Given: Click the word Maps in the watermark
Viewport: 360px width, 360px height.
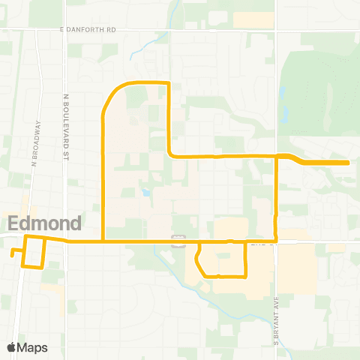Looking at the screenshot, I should pyautogui.click(x=33, y=347).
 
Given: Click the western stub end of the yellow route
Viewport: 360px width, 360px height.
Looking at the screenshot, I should pyautogui.click(x=12, y=253).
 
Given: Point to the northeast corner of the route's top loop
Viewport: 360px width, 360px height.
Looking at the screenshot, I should pyautogui.click(x=169, y=82).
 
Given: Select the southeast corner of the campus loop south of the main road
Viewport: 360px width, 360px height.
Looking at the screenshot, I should pyautogui.click(x=247, y=275).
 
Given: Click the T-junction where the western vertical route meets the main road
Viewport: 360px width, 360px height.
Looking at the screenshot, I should pyautogui.click(x=102, y=241).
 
